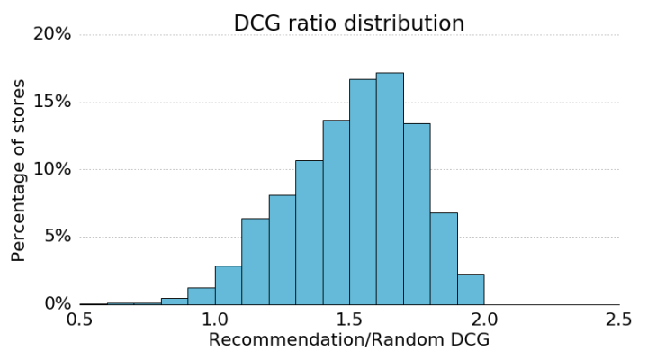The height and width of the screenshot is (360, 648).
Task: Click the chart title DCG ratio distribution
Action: tap(349, 24)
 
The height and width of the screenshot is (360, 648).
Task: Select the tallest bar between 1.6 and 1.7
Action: tap(390, 189)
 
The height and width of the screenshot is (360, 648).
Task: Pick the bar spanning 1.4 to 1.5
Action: tap(336, 212)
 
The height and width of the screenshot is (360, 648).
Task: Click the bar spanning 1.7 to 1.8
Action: tap(417, 214)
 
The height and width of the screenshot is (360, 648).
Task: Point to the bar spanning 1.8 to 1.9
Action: tap(444, 258)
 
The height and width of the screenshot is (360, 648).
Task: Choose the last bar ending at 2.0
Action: tap(471, 289)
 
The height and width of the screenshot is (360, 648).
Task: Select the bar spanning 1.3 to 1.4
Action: tap(309, 232)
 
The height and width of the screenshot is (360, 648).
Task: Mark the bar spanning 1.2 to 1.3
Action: tap(282, 249)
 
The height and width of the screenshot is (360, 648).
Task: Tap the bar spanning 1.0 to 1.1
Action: tap(228, 284)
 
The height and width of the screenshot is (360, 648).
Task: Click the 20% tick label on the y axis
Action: tap(51, 34)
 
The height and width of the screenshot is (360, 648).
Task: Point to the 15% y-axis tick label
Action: tap(51, 102)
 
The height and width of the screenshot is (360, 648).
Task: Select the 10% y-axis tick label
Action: tap(51, 169)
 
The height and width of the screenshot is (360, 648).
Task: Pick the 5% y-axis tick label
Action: tap(57, 237)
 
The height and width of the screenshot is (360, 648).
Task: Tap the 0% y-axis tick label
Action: tap(57, 304)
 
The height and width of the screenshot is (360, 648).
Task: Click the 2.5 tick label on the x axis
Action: tap(618, 320)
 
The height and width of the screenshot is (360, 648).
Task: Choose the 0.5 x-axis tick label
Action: tap(80, 320)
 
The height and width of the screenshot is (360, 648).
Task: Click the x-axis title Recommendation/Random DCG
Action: tap(349, 340)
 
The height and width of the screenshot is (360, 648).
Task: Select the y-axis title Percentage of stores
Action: tap(19, 170)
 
